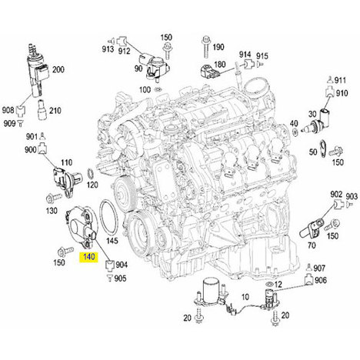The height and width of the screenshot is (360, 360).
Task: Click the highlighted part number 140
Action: coord(89,257)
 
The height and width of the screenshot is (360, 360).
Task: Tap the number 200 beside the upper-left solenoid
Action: coord(58,69)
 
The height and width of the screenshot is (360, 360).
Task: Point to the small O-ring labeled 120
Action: coord(90,175)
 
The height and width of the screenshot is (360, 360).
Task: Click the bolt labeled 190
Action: coord(205,48)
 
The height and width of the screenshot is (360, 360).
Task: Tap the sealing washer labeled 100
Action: coord(158,90)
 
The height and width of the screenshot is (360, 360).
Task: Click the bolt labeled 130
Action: coord(54,198)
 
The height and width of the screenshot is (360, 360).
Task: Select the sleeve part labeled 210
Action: coord(42,110)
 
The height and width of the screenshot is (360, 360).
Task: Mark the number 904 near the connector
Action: coord(122,265)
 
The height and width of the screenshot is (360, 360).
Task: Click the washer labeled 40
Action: coord(295,132)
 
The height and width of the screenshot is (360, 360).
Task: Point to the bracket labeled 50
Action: coord(322,149)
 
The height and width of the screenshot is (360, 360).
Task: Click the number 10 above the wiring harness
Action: coord(245,297)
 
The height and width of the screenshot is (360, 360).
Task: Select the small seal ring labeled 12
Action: coord(269,284)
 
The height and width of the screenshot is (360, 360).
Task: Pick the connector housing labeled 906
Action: coord(308,280)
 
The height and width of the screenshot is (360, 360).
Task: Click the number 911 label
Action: coord(340,81)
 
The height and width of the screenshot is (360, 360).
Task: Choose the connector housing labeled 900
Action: coord(42,148)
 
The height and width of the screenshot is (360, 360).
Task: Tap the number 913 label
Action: coord(108,49)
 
